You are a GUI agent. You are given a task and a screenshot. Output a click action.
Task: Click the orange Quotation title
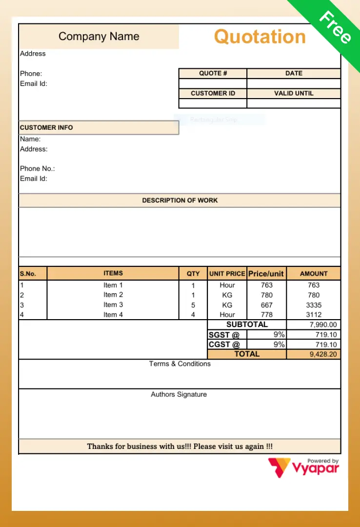(260, 37)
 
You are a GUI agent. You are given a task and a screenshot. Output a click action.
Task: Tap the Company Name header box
(99, 37)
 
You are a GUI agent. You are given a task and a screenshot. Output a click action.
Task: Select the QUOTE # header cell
(213, 73)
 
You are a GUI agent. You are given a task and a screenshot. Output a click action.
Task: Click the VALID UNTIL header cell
(294, 93)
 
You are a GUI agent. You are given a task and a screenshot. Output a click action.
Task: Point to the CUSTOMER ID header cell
(213, 93)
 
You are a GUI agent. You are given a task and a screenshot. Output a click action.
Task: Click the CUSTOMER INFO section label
(46, 127)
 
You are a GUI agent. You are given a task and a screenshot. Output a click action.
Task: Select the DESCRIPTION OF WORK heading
(180, 200)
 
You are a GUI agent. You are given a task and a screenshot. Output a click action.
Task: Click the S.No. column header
(28, 274)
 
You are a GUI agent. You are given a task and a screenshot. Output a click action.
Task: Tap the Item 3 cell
(113, 304)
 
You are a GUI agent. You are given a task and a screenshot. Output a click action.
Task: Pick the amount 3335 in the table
(314, 305)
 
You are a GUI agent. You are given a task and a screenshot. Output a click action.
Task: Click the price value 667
(267, 305)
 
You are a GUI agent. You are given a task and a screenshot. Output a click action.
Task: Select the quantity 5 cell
(193, 305)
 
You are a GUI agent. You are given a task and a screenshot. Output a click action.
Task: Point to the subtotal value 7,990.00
(323, 325)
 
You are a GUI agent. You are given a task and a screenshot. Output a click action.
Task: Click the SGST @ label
(224, 335)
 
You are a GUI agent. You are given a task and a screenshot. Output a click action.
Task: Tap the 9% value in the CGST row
(279, 345)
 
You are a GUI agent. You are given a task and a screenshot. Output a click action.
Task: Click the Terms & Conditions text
(180, 364)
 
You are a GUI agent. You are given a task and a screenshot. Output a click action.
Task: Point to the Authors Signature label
(179, 394)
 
